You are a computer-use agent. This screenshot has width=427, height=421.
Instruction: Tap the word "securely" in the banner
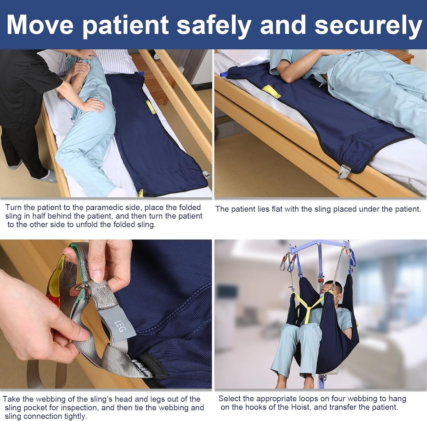click(368, 27)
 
